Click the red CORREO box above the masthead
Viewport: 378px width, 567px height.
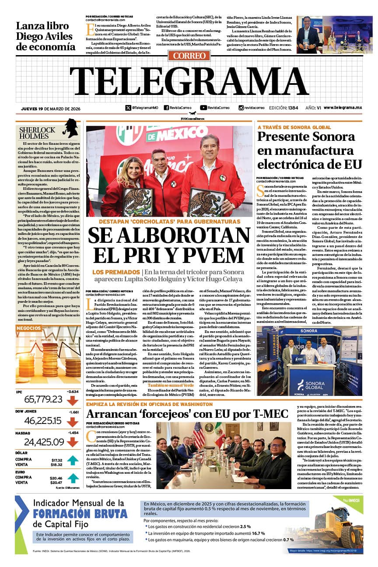[189, 56]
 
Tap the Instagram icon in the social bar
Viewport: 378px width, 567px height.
[241, 108]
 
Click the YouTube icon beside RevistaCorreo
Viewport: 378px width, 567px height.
[203, 108]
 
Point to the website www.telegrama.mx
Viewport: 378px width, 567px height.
[343, 108]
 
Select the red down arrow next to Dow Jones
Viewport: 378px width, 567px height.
[72, 421]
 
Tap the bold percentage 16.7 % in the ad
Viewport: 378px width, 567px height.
[259, 533]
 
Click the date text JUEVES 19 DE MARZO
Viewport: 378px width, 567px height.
[51, 108]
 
